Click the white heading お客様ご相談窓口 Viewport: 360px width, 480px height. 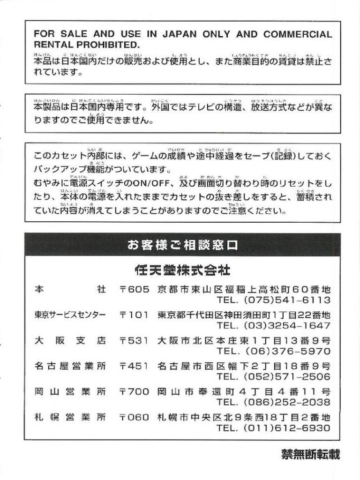point(182,244)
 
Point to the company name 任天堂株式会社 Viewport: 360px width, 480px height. point(182,270)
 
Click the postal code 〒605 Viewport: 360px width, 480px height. point(135,289)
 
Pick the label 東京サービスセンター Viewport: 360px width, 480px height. point(70,315)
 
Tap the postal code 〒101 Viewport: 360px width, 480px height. point(135,315)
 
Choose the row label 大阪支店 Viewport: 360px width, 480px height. point(70,340)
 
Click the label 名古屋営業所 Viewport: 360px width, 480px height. point(70,366)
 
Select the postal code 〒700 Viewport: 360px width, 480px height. point(135,391)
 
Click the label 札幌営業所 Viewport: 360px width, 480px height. point(70,417)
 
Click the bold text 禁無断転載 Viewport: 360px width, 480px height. point(310,454)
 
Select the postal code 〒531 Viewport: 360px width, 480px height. point(135,340)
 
